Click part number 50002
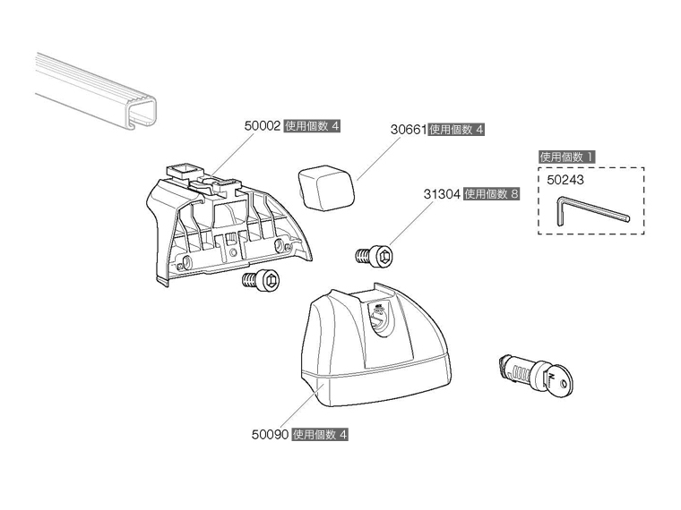(263, 127)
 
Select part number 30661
(409, 129)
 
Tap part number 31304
(443, 193)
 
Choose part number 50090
(270, 435)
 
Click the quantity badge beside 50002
(313, 127)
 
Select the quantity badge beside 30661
(457, 129)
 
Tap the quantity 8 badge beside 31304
(492, 193)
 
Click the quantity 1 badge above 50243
(566, 157)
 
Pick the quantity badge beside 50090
(320, 435)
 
